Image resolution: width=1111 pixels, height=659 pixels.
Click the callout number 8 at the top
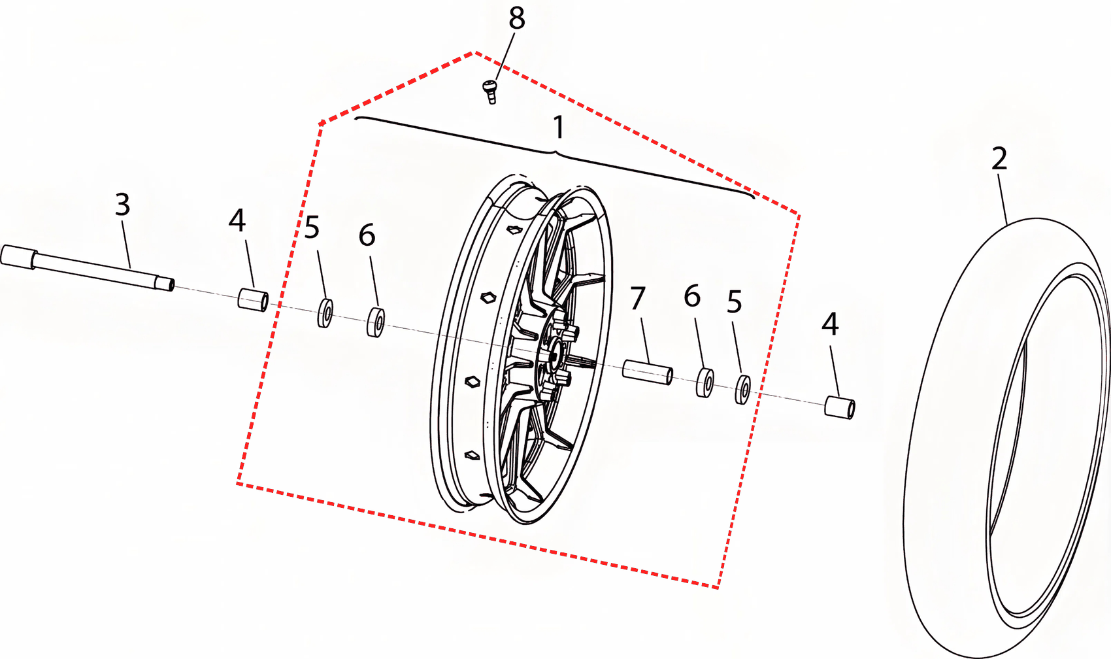pyautogui.click(x=516, y=19)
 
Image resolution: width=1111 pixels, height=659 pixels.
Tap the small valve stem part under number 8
pyautogui.click(x=490, y=92)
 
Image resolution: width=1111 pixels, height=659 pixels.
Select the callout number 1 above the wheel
pyautogui.click(x=559, y=127)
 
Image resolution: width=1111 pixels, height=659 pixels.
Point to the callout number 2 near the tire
pyautogui.click(x=999, y=158)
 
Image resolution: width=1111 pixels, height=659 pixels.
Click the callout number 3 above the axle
pyautogui.click(x=122, y=205)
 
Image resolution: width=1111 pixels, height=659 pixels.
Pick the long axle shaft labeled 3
pyautogui.click(x=88, y=268)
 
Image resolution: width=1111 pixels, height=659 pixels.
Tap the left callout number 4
pyautogui.click(x=237, y=221)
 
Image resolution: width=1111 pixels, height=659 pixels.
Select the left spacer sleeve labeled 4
pyautogui.click(x=254, y=299)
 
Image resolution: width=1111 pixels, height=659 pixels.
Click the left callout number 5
pyautogui.click(x=312, y=228)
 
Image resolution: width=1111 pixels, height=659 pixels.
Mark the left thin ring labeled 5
pyautogui.click(x=325, y=313)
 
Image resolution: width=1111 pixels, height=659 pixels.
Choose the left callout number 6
pyautogui.click(x=367, y=235)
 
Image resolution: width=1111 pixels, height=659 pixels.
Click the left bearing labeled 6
pyautogui.click(x=376, y=322)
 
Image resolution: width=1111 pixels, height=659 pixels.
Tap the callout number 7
pyautogui.click(x=638, y=298)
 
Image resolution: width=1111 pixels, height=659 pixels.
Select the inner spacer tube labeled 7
pyautogui.click(x=648, y=372)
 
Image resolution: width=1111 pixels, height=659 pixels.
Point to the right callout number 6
pyautogui.click(x=692, y=296)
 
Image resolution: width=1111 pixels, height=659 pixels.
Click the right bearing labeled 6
pyautogui.click(x=705, y=382)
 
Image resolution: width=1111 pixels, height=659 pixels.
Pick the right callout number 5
pyautogui.click(x=735, y=301)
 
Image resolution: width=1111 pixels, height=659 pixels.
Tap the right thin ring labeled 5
pyautogui.click(x=742, y=390)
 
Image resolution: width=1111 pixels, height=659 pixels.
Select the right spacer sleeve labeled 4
pyautogui.click(x=840, y=408)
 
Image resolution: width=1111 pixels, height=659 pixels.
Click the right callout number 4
pyautogui.click(x=830, y=324)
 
